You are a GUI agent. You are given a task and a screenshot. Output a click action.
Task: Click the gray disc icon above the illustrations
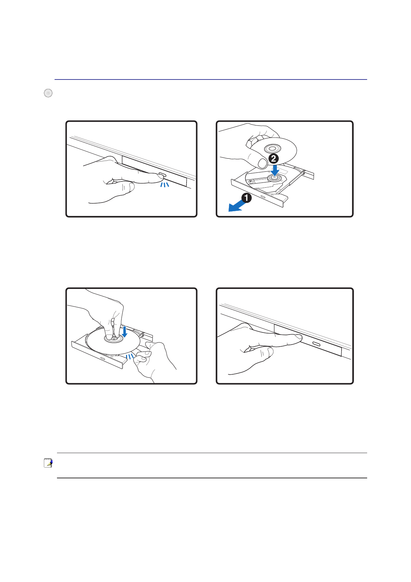point(48,93)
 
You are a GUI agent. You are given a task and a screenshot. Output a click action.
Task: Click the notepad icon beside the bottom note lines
point(48,463)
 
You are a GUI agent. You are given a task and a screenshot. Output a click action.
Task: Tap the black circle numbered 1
point(246,198)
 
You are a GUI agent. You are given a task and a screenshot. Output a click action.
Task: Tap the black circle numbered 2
point(274,158)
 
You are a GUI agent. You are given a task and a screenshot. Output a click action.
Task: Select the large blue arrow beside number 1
point(236,207)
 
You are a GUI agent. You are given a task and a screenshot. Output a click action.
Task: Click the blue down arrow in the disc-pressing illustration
point(125,332)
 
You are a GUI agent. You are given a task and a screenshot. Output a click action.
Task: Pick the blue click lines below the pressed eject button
point(165,185)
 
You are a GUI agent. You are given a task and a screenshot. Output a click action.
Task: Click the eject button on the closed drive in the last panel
point(316,344)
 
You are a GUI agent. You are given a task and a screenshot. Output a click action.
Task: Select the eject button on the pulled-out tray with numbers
point(263,197)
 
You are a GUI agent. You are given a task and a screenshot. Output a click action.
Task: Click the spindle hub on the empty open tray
point(274,178)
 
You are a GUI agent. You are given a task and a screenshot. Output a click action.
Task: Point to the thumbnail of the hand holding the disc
point(262,164)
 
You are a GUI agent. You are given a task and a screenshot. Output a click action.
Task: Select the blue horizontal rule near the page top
point(211,79)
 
